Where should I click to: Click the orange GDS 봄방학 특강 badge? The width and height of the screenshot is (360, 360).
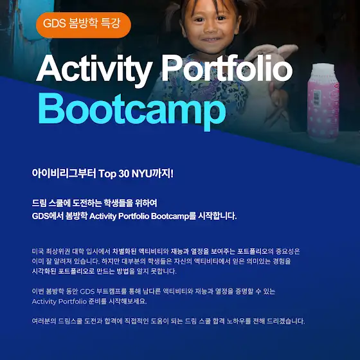[x=84, y=25]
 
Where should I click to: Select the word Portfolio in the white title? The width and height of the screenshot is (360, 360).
[x=227, y=67]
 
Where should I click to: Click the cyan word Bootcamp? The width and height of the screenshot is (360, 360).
[x=132, y=111]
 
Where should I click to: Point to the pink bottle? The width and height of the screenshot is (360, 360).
[x=323, y=102]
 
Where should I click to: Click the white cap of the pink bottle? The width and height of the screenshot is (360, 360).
[x=323, y=70]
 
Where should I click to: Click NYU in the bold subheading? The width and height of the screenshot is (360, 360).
[x=142, y=174]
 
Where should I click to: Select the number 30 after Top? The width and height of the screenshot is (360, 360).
[x=124, y=174]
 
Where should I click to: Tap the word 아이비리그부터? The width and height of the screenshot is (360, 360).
[x=64, y=174]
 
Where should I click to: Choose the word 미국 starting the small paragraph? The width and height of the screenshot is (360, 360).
[x=38, y=251]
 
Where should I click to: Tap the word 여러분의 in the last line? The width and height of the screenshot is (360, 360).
[x=44, y=321]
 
